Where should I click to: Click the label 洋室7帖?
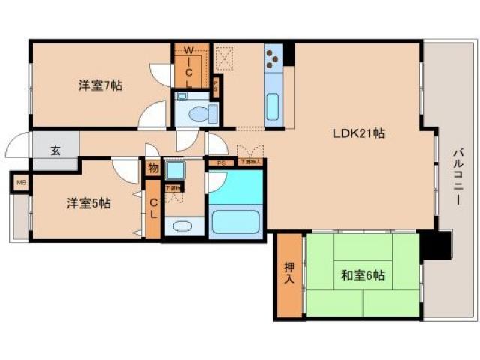coord(101,85)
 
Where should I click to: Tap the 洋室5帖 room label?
coord(88,203)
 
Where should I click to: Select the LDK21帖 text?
coord(360,134)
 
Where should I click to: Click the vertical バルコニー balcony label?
coord(457,180)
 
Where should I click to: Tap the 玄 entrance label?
coord(55,149)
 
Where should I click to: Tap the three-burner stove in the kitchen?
coord(274,57)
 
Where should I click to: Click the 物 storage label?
coord(153,169)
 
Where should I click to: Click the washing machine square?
coord(175,171)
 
